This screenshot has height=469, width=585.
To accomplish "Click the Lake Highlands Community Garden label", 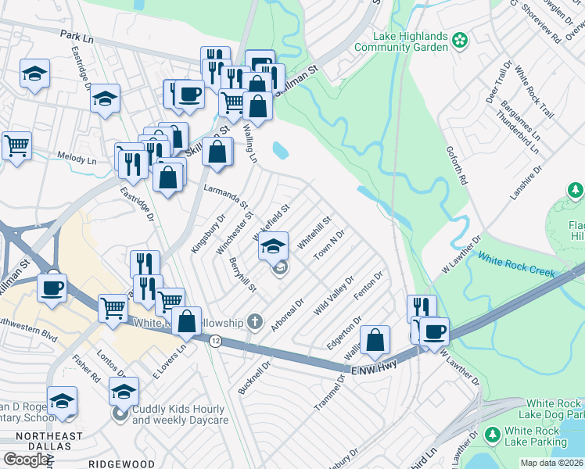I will point(400,41).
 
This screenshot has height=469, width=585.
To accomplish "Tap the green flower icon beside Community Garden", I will point(460,38).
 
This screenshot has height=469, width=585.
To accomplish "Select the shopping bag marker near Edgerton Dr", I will point(375,338).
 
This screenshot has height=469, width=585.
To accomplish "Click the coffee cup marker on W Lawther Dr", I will point(434,330).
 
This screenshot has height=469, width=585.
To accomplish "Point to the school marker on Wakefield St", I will point(273,246).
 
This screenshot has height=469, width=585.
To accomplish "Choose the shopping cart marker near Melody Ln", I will point(16,145).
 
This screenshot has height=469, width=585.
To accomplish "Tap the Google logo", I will point(25,459).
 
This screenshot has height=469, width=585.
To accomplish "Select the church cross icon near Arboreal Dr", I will point(254,320).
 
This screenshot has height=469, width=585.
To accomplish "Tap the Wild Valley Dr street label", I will point(334,295).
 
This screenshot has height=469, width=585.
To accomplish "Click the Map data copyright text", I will point(551,463).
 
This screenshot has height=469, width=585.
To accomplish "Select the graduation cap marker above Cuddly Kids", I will point(123,390).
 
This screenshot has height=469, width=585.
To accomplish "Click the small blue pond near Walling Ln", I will point(280,149).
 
